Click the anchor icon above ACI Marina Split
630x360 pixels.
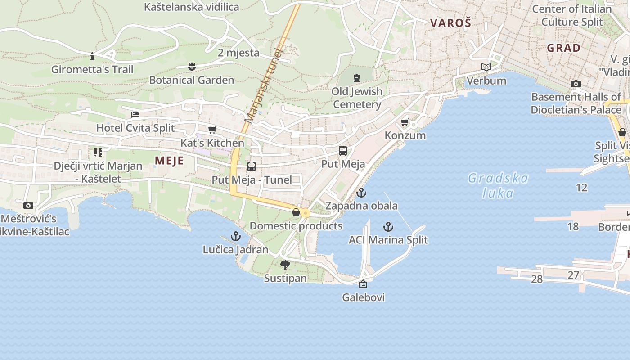[388, 226]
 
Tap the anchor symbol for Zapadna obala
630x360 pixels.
[361, 193]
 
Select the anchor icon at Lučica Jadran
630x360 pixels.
[235, 236]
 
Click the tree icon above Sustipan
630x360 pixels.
[285, 265]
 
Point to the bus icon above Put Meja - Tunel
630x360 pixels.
[252, 166]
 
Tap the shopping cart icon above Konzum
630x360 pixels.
[405, 122]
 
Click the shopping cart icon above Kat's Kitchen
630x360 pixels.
[212, 130]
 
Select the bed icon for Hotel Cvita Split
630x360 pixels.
[135, 114]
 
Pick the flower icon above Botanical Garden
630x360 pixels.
[192, 67]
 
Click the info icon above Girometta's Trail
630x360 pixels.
[92, 56]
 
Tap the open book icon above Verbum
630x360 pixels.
[486, 67]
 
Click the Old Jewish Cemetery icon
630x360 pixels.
[357, 78]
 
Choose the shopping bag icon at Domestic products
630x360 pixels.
[296, 212]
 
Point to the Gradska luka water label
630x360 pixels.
[498, 185]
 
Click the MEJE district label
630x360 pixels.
[169, 161]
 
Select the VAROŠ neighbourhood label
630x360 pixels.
[450, 23]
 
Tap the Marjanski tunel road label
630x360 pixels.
[263, 85]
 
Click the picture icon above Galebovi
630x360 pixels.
[363, 284]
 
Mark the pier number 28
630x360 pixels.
[537, 279]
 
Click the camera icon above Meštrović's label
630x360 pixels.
[28, 205]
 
